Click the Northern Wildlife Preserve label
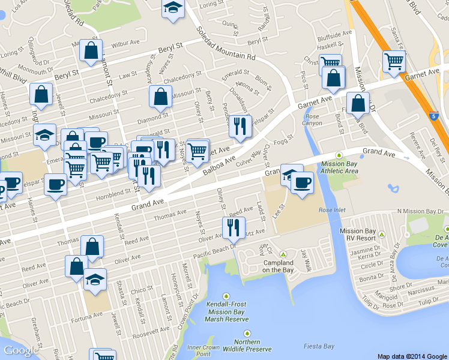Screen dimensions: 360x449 click(x=247, y=346)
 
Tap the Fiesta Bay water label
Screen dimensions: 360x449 click(x=319, y=346)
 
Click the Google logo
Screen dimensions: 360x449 click(x=20, y=350)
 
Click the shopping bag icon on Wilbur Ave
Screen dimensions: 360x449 click(x=91, y=52)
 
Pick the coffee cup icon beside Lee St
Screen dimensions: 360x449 click(x=302, y=182)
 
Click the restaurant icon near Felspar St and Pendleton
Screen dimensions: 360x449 click(x=238, y=127)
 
